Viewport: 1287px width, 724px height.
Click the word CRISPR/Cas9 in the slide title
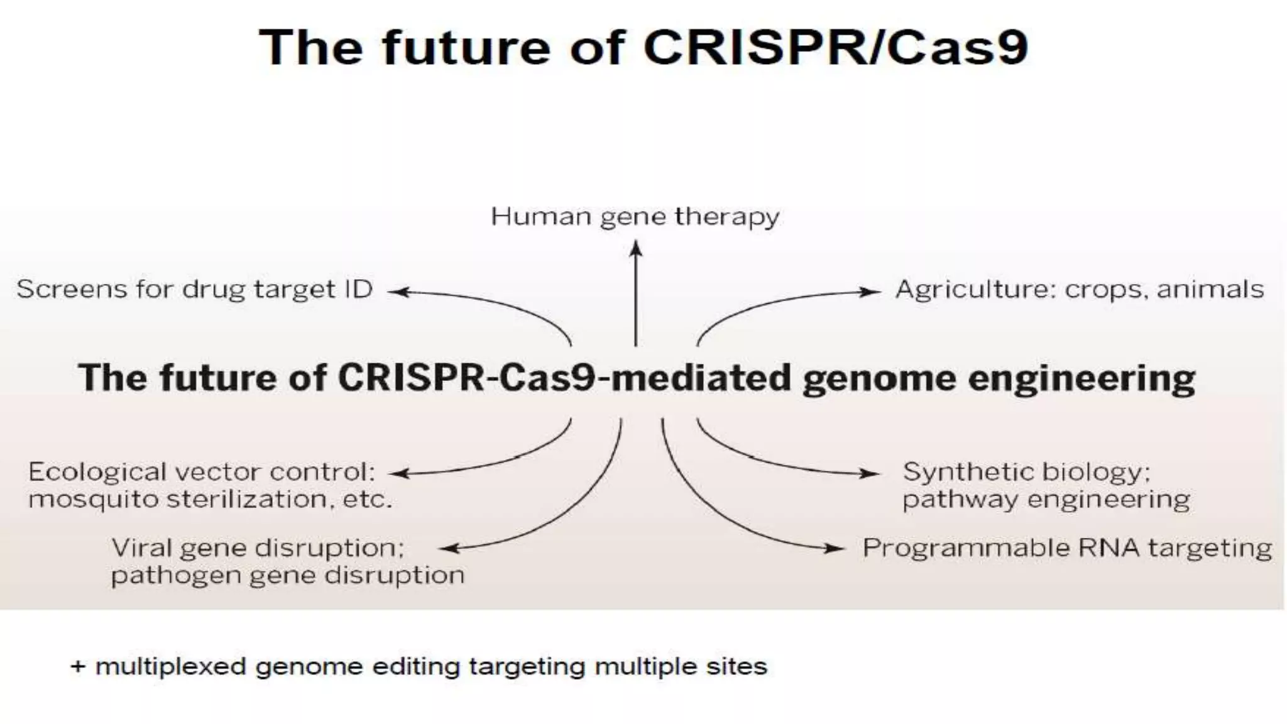(835, 48)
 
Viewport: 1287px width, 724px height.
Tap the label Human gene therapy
(635, 217)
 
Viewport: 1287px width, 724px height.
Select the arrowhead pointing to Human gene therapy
(636, 249)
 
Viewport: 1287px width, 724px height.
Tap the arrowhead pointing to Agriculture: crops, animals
(871, 292)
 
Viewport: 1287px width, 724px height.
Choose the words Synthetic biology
(1026, 472)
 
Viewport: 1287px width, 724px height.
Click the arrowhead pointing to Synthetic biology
(871, 474)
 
